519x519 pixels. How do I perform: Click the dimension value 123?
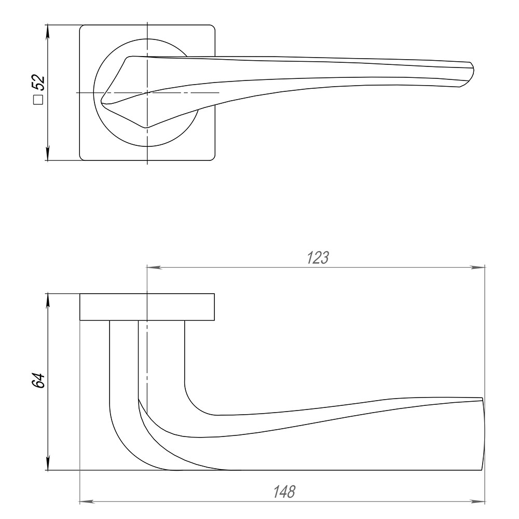(318, 258)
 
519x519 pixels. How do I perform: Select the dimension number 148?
(284, 492)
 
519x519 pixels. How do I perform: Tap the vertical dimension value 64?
(38, 380)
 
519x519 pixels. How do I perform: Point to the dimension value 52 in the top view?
(38, 83)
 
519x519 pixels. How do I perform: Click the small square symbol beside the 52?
(38, 100)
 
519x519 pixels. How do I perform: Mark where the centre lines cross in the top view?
(147, 93)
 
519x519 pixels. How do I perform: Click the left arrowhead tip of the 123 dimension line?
(147, 267)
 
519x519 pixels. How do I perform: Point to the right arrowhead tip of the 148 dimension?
(485, 502)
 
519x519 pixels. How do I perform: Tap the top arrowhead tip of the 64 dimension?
(48, 294)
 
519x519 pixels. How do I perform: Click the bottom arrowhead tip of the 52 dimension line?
(48, 160)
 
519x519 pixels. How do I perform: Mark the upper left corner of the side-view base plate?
(80, 294)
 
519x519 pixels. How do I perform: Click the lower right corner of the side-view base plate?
(214, 320)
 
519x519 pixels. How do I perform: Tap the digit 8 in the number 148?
(291, 492)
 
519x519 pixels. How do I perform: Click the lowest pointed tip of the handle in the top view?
(146, 128)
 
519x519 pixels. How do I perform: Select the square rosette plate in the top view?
(147, 93)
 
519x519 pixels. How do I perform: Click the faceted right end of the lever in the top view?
(467, 74)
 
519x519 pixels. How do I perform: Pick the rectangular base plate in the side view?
(147, 307)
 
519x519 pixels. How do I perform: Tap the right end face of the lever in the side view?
(483, 433)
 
